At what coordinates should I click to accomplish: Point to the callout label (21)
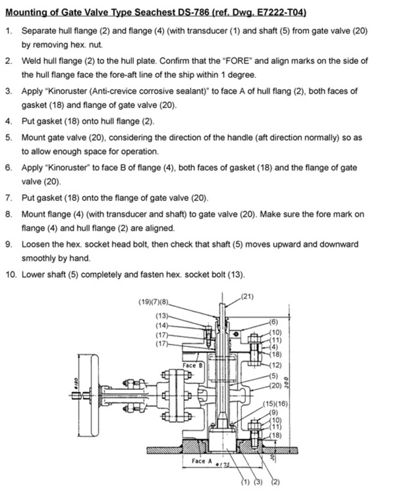[246, 296]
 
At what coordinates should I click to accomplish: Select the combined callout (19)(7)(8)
[154, 302]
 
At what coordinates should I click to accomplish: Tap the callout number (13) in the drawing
[162, 315]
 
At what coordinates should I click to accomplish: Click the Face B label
[192, 366]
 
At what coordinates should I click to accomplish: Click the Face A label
[202, 461]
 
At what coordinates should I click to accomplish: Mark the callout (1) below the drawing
[245, 482]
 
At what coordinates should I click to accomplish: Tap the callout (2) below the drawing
[275, 482]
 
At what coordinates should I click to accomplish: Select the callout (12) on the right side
[275, 365]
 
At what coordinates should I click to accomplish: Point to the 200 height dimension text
[287, 383]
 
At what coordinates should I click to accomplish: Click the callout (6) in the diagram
[273, 322]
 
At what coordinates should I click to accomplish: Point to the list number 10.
[11, 275]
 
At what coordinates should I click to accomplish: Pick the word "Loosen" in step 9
[34, 244]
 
